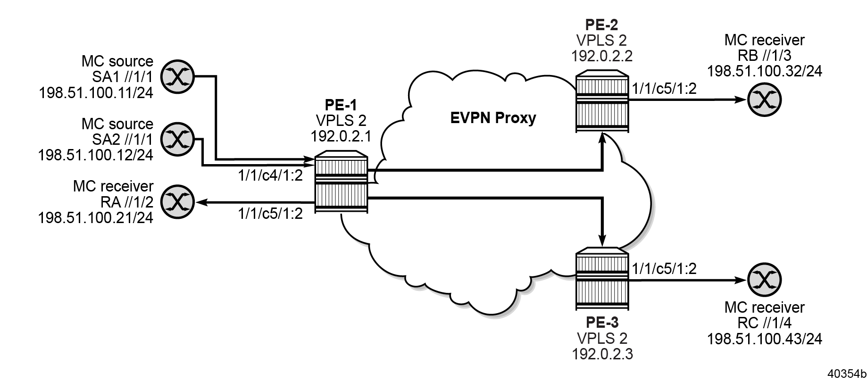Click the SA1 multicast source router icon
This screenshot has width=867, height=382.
click(x=177, y=76)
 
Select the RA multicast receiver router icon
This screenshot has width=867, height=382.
click(x=177, y=202)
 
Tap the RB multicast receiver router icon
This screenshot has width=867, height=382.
click(x=764, y=100)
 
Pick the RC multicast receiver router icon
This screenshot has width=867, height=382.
click(x=764, y=280)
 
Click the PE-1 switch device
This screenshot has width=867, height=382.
click(x=341, y=184)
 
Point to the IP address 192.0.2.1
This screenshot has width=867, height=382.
click(x=341, y=136)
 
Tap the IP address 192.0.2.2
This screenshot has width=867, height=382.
click(x=602, y=56)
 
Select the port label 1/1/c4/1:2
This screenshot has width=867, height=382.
click(x=270, y=175)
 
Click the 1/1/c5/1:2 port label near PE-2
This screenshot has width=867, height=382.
click(x=664, y=88)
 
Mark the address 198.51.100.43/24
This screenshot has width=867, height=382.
click(x=764, y=338)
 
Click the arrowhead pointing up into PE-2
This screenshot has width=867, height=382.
click(x=602, y=138)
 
